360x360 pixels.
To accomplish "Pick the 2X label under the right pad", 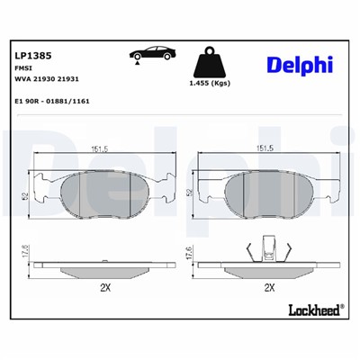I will (x=267, y=289).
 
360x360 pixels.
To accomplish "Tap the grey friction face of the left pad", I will (x=99, y=191).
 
